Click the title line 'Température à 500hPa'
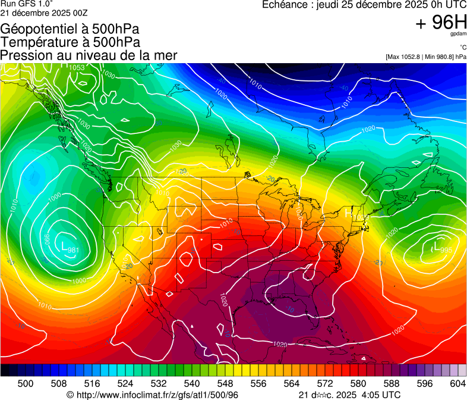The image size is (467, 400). tap(70, 42)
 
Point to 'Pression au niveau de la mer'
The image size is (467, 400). tap(89, 55)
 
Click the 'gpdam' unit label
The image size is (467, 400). tap(459, 35)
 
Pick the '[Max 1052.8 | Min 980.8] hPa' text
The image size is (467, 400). tap(425, 57)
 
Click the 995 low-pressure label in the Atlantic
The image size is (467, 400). tap(446, 249)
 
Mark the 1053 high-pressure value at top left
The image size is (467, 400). tap(77, 68)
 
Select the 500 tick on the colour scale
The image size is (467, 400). tap(26, 384)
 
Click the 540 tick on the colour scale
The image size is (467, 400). tap(192, 384)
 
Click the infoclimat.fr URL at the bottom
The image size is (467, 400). tap(157, 395)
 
